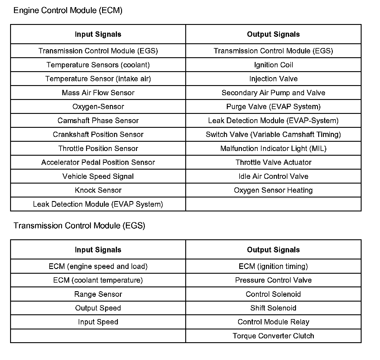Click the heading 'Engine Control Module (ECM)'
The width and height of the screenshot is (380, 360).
68,10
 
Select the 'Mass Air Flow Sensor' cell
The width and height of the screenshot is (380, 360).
98,93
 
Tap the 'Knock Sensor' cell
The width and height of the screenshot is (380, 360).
98,190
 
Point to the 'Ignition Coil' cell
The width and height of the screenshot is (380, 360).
273,65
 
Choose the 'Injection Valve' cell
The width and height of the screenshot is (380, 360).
273,79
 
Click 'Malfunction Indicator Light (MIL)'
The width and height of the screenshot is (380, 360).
273,149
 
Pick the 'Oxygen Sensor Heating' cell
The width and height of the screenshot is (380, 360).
273,190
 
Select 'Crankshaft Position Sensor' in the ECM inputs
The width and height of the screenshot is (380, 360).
98,135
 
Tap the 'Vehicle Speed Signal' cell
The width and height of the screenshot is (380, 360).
98,176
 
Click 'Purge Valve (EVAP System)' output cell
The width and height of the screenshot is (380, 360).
273,107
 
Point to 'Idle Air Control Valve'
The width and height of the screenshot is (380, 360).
273,176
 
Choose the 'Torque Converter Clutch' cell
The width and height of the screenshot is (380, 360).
273,336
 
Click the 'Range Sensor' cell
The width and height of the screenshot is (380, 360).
98,294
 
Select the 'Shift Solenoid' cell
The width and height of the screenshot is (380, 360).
273,308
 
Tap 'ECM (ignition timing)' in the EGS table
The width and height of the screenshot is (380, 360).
273,266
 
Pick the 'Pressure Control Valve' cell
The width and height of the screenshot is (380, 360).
273,280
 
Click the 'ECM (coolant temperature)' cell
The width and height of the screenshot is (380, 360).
98,280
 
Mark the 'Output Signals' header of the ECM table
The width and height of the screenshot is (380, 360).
273,34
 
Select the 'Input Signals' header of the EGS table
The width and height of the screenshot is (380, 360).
98,250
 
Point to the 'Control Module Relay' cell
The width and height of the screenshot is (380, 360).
273,322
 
